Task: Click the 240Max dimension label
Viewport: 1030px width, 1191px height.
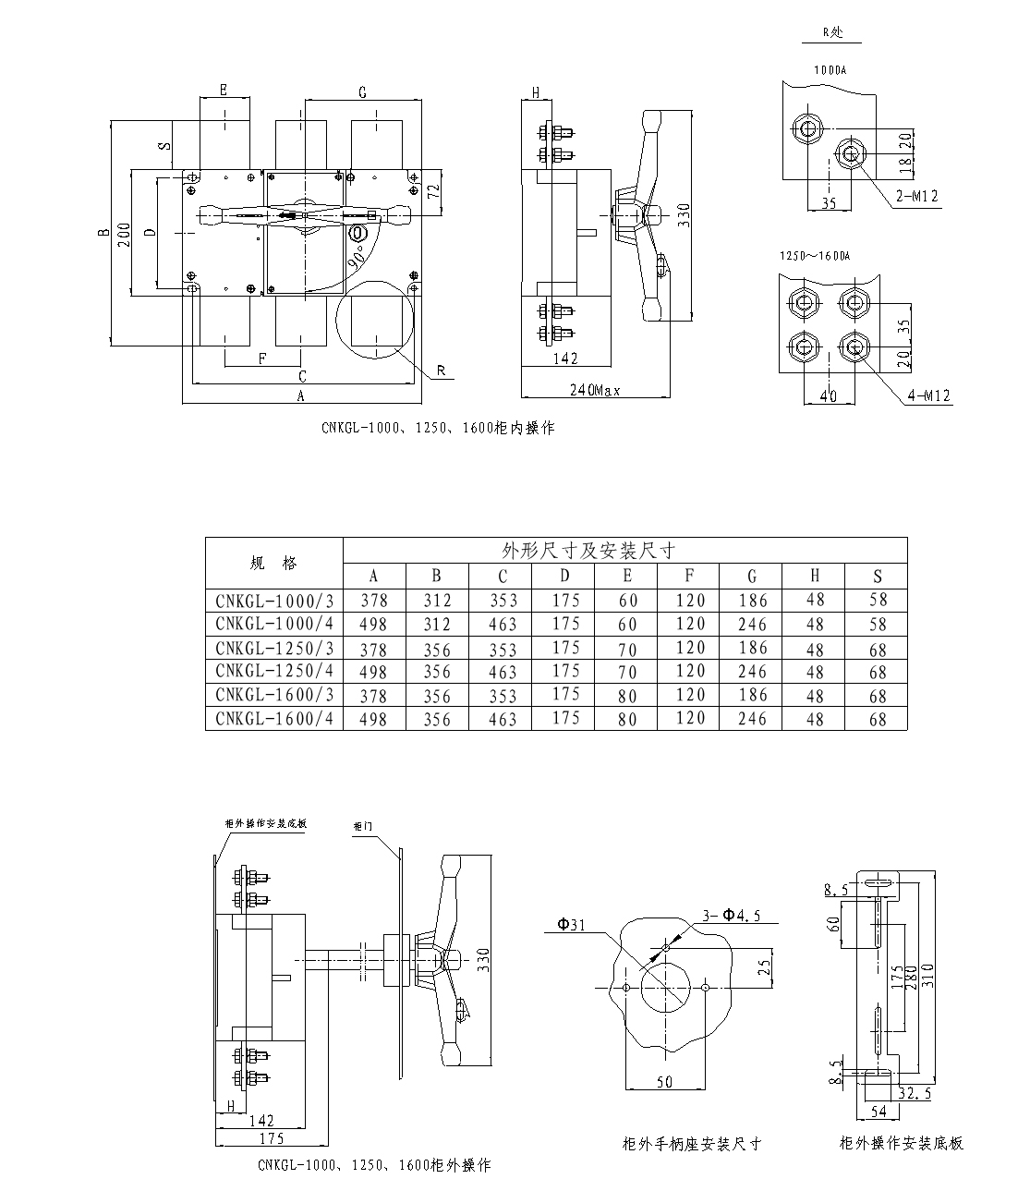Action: [x=595, y=390]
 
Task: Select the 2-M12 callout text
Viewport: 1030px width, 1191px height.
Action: [x=916, y=196]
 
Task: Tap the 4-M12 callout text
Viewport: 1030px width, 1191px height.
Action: [x=929, y=395]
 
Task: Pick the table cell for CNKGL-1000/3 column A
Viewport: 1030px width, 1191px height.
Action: [x=374, y=601]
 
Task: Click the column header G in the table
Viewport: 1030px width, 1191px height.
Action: [x=752, y=576]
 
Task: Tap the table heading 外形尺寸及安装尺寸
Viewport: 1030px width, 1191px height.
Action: [x=588, y=551]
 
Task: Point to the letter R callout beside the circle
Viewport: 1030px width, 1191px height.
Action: [x=442, y=371]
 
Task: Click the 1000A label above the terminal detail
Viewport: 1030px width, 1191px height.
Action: [x=830, y=70]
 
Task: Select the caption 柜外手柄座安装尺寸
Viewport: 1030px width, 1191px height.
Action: [x=692, y=1144]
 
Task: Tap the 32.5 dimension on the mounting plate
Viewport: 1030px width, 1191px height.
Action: [x=914, y=1092]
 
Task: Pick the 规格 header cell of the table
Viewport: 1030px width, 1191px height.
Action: [x=273, y=563]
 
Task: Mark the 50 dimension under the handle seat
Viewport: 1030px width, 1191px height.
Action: [x=664, y=1082]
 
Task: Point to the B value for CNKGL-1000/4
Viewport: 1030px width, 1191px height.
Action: [x=437, y=625]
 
